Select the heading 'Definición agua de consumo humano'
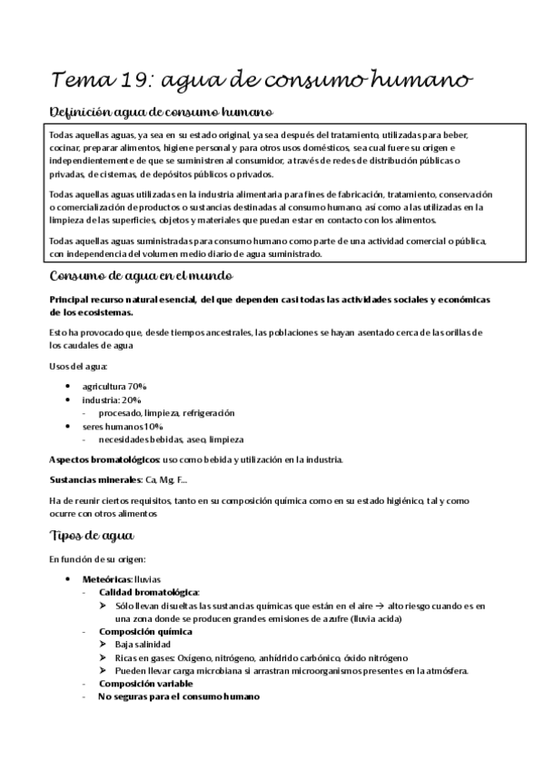pyautogui.click(x=160, y=113)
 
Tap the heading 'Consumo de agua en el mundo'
pyautogui.click(x=142, y=275)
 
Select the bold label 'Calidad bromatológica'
pyautogui.click(x=149, y=591)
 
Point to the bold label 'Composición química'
pyautogui.click(x=145, y=631)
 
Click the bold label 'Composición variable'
pyautogui.click(x=146, y=683)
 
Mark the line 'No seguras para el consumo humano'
pyautogui.click(x=179, y=696)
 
